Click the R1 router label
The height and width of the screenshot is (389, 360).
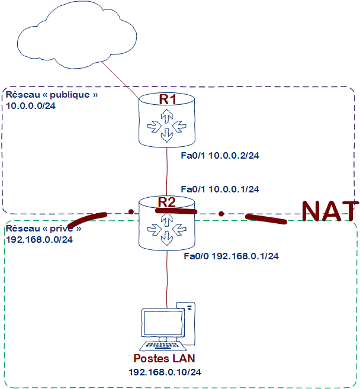(168, 99)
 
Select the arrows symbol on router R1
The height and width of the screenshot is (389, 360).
(168, 126)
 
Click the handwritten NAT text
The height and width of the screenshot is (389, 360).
(329, 212)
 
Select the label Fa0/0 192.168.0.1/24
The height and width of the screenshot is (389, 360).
(232, 256)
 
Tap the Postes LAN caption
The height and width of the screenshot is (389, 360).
(164, 359)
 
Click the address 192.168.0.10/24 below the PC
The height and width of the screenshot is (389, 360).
(164, 372)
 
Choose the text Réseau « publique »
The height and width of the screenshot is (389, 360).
(50, 95)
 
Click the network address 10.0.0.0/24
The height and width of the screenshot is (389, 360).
(31, 106)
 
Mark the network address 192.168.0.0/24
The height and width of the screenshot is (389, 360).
(39, 240)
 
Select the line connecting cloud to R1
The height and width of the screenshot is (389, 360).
(121, 81)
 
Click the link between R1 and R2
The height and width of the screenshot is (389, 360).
(168, 172)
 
